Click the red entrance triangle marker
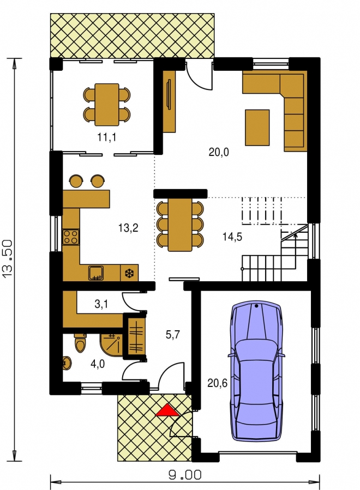coord(167,410)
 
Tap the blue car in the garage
coord(256,371)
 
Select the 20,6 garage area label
coord(218,383)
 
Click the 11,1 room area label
coord(107,137)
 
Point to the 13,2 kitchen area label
coord(128,228)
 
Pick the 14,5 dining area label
coord(232,237)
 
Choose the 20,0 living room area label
coord(219,152)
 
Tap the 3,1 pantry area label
coord(101,304)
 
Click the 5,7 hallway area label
coord(173,335)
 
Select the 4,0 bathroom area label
coord(98,364)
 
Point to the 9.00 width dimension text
coord(185,475)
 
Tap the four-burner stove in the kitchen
coord(71,237)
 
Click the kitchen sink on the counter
coord(95,273)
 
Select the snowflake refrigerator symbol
coord(129,274)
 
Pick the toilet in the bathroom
coord(80,343)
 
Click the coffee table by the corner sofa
coord(257,128)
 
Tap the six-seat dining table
coord(180,225)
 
